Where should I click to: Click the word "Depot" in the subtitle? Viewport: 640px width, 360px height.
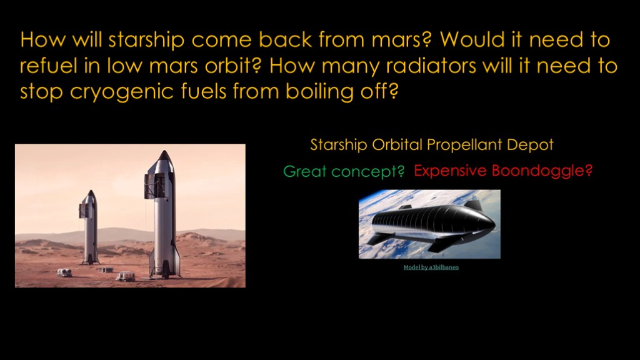tap(530, 145)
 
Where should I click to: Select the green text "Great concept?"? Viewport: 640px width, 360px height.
tap(344, 171)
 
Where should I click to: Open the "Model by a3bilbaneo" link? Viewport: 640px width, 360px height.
tap(431, 267)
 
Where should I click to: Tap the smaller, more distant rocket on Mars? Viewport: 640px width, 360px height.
tap(89, 227)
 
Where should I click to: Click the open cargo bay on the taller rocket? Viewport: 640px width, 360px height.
tap(154, 186)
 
